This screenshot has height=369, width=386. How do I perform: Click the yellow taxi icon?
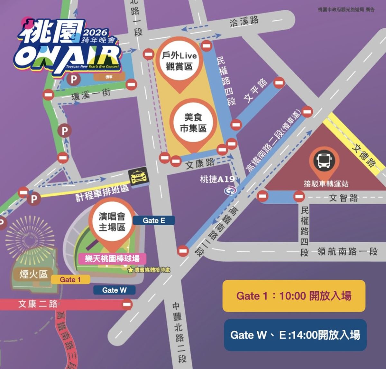pos(138,176)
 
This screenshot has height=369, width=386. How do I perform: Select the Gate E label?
pos(154,220)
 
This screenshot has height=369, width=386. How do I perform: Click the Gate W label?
pos(114,290)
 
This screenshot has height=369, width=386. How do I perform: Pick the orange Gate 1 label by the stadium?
pos(70,279)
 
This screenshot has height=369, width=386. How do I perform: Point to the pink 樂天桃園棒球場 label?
pos(112,258)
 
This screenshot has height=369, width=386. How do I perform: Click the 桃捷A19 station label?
pos(217,180)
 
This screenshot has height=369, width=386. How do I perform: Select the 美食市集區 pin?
pos(193,123)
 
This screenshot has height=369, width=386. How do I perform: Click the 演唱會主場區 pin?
pos(112,222)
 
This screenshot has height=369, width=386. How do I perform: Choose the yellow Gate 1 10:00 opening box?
pos(294,296)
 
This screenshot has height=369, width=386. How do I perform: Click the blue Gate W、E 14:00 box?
pos(295,335)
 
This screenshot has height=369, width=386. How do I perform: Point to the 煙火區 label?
pos(33,274)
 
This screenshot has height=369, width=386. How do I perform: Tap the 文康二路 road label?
pos(38,304)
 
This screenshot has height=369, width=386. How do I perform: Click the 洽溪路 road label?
pos(244,22)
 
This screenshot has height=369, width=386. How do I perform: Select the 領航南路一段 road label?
pos(347,251)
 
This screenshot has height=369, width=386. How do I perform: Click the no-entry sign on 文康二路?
pos(127,304)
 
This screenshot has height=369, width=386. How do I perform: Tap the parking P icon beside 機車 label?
pos(74,79)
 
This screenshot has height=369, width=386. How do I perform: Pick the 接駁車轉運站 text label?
pos(326,184)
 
